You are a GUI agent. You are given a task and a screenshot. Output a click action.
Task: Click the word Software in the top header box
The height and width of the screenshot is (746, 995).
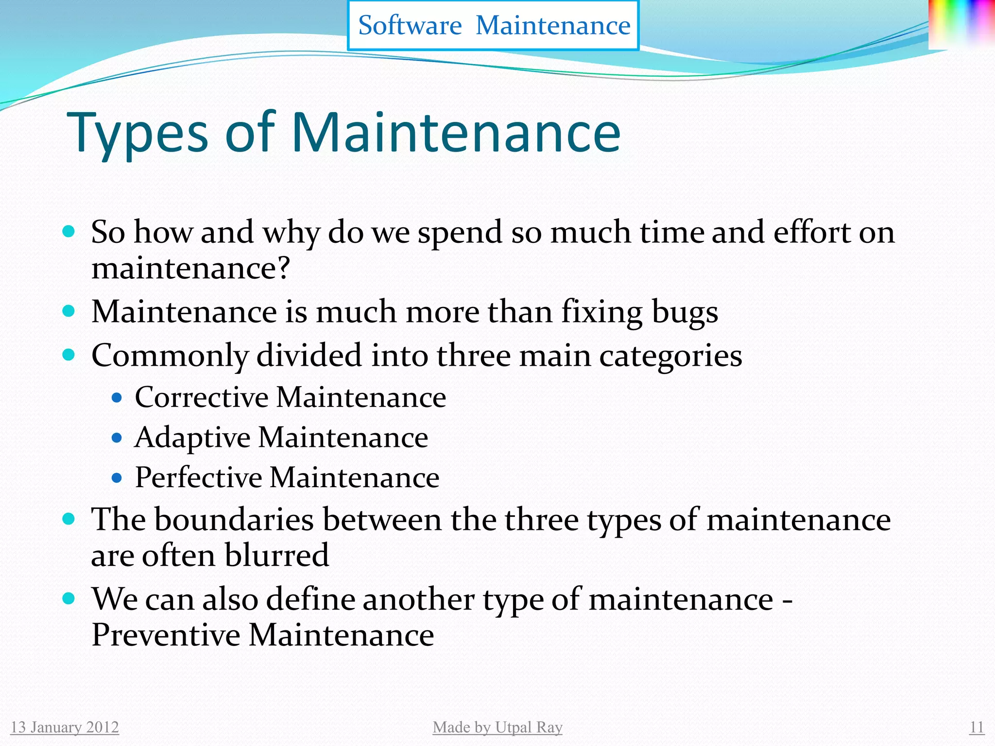point(410,25)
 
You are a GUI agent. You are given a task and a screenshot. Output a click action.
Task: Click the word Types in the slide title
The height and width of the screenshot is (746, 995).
point(137,133)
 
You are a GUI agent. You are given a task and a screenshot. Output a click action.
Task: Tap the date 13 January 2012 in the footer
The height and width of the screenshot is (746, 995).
point(65,727)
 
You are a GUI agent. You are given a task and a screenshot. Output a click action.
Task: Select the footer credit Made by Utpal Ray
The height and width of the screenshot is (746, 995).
point(497,727)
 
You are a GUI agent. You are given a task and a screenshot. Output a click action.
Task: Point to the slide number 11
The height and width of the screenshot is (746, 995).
point(977,727)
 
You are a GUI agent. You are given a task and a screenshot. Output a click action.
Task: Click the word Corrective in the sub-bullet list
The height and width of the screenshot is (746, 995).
point(202,397)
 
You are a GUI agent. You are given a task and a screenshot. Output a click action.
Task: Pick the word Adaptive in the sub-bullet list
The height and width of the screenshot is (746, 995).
point(192,438)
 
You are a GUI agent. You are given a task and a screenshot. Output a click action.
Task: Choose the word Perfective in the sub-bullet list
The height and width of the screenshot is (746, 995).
point(198,477)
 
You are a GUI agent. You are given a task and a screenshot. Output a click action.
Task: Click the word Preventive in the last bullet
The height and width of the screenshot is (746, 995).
point(166,635)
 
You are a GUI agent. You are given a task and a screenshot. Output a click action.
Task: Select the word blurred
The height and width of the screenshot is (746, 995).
point(277,555)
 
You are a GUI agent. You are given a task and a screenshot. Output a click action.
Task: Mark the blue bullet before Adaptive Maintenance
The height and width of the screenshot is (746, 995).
point(117,438)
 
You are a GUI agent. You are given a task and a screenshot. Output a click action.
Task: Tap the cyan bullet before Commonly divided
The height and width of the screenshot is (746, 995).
point(69,355)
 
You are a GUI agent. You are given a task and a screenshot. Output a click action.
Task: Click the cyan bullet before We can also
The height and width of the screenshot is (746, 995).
point(69,598)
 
